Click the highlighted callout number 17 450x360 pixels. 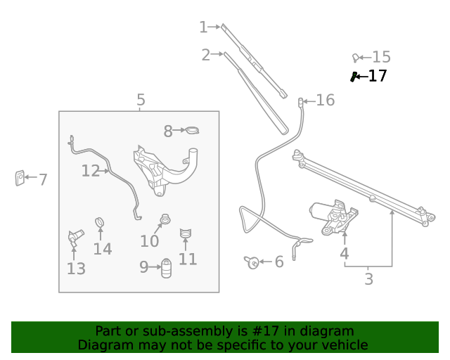point(378,76)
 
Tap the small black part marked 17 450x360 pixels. point(355,76)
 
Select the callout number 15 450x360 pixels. point(381,58)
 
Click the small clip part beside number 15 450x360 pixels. point(356,57)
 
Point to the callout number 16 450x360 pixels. point(325,101)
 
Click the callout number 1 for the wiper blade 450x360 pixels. point(203,27)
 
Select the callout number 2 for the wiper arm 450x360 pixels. point(205,55)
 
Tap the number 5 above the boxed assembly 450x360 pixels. point(141,101)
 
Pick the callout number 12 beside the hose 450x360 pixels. point(91,171)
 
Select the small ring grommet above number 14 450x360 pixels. point(100,223)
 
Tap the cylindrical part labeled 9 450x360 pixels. point(167,268)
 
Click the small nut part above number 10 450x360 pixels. point(165,220)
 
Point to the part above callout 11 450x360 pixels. point(186,233)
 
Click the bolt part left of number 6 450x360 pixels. point(252,262)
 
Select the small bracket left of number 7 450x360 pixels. point(20,178)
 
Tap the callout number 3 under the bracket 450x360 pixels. point(368,279)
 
